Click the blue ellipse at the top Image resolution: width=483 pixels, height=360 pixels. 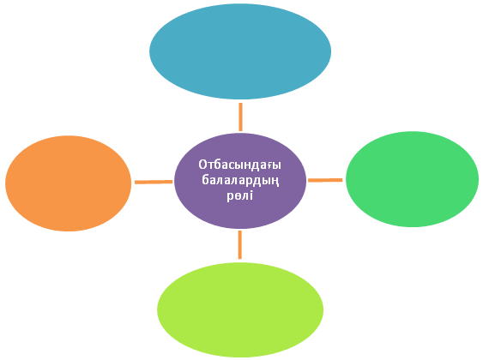(240, 51)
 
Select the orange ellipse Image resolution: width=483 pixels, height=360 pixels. (69, 183)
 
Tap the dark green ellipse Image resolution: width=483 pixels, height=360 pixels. (412, 179)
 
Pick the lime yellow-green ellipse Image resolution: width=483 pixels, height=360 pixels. (240, 309)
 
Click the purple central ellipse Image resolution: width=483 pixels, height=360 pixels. (240, 181)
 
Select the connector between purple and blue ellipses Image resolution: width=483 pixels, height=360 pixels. (240, 117)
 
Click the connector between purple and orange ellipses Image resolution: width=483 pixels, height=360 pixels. (154, 183)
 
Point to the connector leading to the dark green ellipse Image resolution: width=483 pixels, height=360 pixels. (325, 180)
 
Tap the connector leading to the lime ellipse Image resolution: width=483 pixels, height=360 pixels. (240, 245)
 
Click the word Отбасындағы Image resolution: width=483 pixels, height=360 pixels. (239, 165)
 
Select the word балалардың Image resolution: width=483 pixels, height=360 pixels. (240, 180)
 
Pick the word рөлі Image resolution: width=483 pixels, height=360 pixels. (240, 195)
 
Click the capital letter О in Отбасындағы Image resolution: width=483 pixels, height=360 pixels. (202, 165)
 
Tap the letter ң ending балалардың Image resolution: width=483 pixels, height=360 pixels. (275, 182)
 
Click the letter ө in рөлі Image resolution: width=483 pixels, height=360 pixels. (238, 196)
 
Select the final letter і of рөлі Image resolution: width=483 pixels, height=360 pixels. (251, 195)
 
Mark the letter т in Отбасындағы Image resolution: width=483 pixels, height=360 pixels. (210, 166)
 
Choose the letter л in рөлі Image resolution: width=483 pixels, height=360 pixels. (246, 196)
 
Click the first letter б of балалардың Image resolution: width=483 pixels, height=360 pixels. (205, 180)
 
